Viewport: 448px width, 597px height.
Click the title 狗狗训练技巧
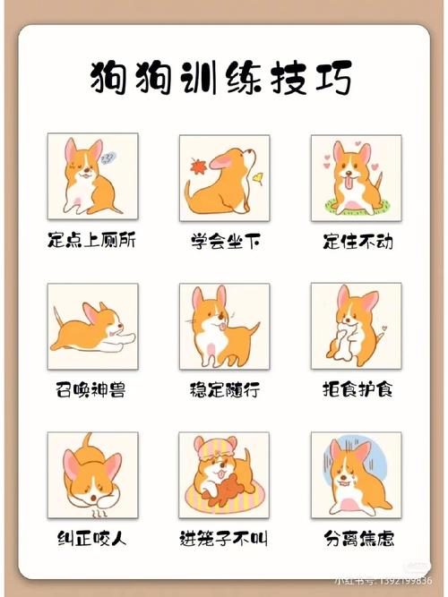(221, 78)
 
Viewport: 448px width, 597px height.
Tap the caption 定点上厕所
(92, 241)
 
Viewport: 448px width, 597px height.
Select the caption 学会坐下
(224, 241)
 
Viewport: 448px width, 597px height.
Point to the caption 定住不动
(356, 241)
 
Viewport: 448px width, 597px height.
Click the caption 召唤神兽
(92, 389)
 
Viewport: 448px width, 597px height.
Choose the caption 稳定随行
(224, 389)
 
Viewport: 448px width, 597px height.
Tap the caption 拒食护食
(356, 389)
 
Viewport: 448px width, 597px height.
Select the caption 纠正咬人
(92, 539)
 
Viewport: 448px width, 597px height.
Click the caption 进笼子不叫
(224, 539)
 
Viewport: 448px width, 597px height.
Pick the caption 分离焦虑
(356, 539)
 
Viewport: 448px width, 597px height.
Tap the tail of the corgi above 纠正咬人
(88, 442)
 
